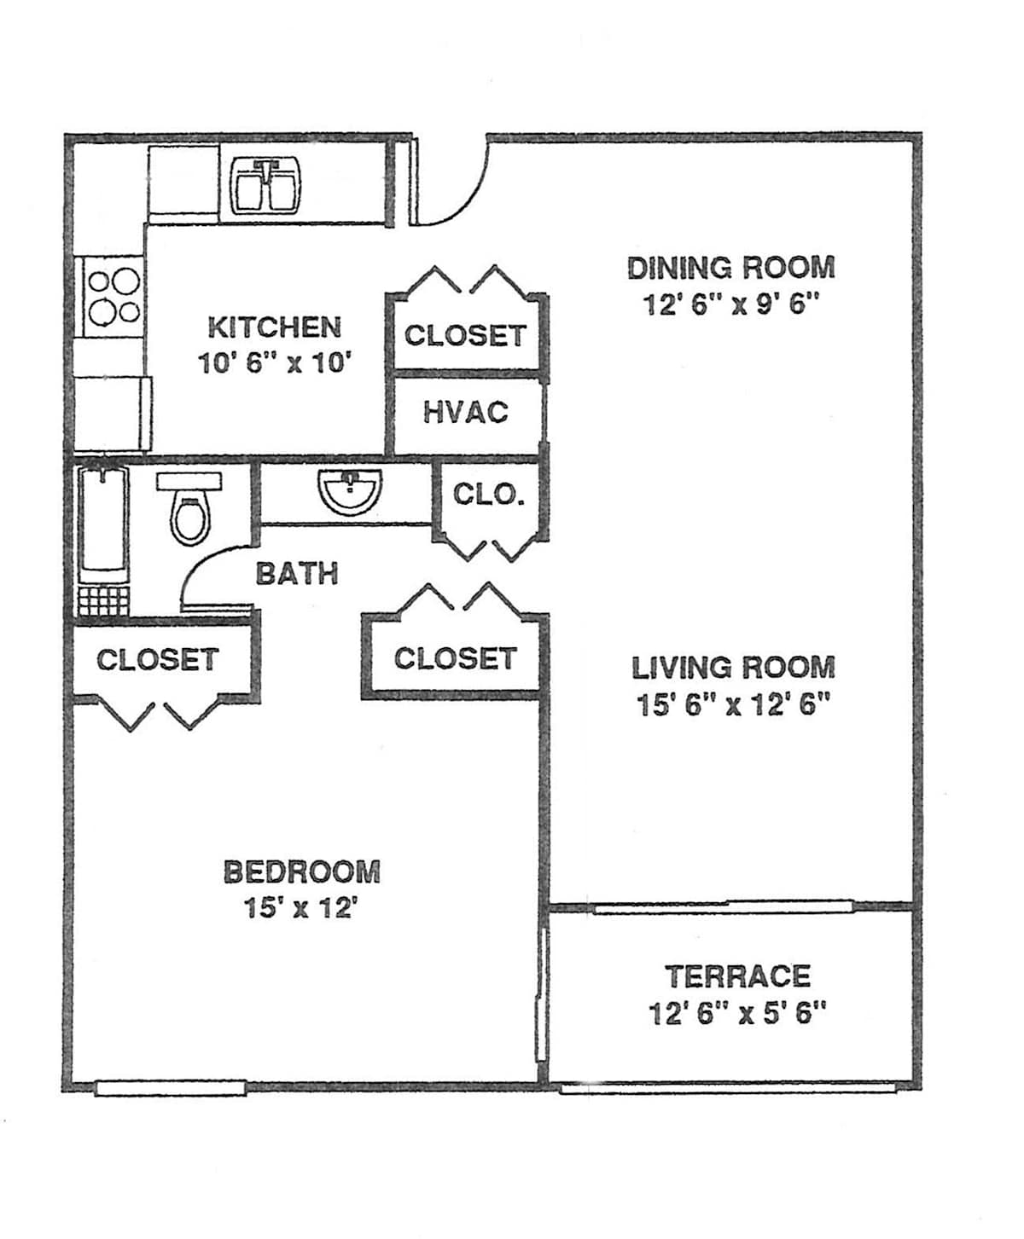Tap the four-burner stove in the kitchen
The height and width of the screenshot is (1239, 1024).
113,296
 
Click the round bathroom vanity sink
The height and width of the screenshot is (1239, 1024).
350,492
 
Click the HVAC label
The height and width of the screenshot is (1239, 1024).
466,413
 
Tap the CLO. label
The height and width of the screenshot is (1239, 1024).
489,494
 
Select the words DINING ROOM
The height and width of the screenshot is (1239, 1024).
731,268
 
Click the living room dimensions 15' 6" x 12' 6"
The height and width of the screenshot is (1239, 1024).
733,705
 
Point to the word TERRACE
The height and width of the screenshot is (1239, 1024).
738,977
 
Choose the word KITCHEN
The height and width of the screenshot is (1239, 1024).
275,327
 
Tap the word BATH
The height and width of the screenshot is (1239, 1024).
297,574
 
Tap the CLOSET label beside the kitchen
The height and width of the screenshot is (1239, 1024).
466,336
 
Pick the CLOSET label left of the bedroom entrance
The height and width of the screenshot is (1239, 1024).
158,660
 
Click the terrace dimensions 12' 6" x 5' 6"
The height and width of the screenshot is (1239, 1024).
738,1014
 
